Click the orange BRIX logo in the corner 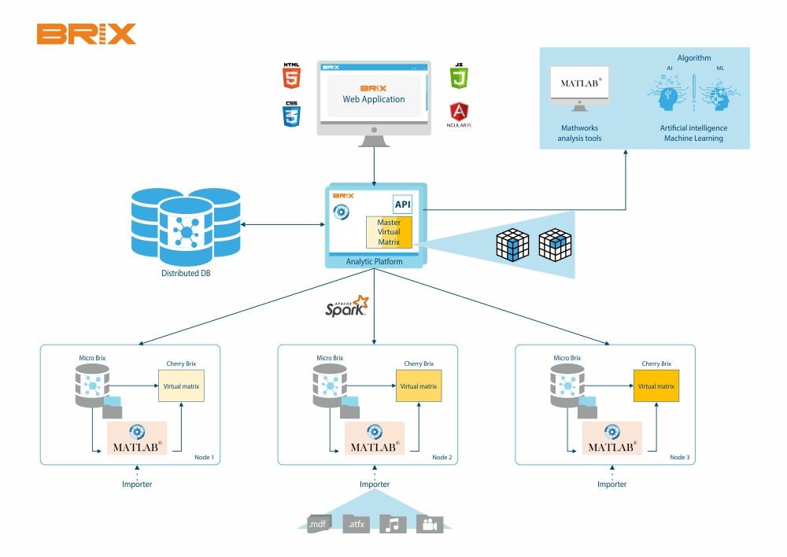[86, 34]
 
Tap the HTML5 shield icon [292, 77]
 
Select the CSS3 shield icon [292, 115]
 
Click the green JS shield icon [459, 77]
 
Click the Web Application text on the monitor [374, 99]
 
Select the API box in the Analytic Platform [403, 205]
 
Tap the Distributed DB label [186, 274]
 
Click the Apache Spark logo [347, 306]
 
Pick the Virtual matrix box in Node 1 [181, 386]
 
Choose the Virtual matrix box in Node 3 [656, 386]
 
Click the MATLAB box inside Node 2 [375, 439]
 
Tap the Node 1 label [205, 457]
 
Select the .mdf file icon [317, 523]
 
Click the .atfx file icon [356, 523]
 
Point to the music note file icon [393, 524]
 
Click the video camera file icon [430, 524]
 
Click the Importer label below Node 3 [611, 484]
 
